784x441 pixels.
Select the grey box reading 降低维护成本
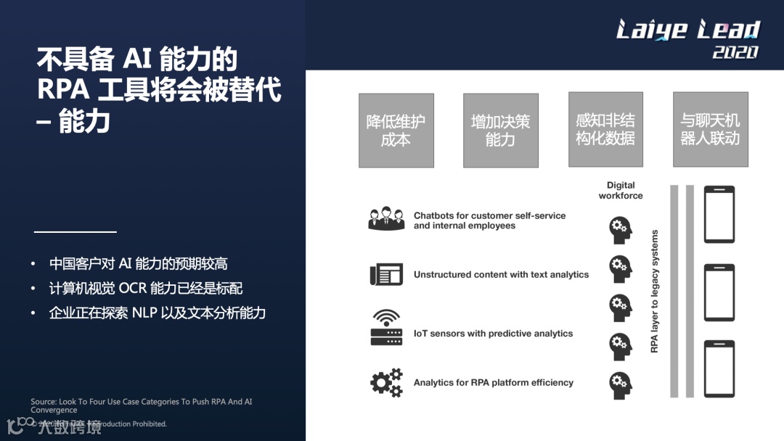pos(396,131)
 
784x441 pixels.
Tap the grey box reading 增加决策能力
pos(500,131)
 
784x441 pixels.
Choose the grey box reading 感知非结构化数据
pos(605,129)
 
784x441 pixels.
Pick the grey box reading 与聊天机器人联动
pos(710,129)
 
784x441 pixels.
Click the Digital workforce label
pos(621,190)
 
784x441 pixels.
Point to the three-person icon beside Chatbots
pos(386,219)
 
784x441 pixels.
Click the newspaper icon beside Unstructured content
pos(386,274)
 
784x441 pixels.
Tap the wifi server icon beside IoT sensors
pos(386,328)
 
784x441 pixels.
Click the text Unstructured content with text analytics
pos(501,275)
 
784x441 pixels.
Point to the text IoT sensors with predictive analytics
pos(493,334)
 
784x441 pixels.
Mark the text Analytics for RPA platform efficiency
pos(494,382)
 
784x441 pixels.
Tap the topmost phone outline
pos(719,214)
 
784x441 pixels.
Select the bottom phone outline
pos(719,368)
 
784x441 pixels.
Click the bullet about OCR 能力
pos(145,289)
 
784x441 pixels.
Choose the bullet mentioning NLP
pos(157,313)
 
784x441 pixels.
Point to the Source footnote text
pos(142,405)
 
